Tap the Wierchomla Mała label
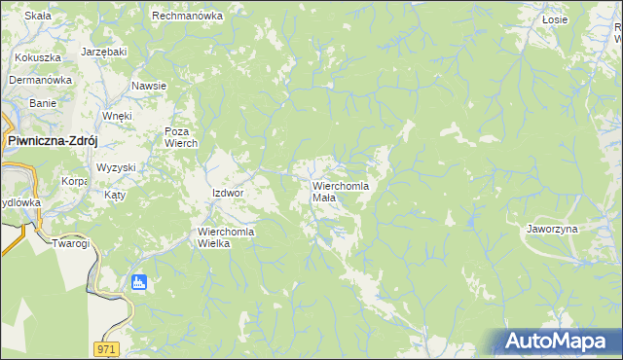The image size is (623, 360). tap(338, 191)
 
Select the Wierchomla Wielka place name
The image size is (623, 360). tap(227, 237)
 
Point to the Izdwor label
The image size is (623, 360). tap(227, 193)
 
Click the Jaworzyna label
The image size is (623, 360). tap(552, 229)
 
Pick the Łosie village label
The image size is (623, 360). tap(555, 18)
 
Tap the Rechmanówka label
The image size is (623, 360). tap(188, 17)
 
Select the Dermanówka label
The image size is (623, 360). tap(41, 80)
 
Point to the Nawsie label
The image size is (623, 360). tap(149, 86)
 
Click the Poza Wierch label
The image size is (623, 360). tap(181, 138)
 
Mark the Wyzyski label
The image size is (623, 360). tap(116, 167)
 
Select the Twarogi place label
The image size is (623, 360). tap(71, 243)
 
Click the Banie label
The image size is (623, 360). tap(43, 103)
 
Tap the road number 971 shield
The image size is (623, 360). tap(107, 347)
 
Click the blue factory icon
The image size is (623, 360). tap(138, 283)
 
